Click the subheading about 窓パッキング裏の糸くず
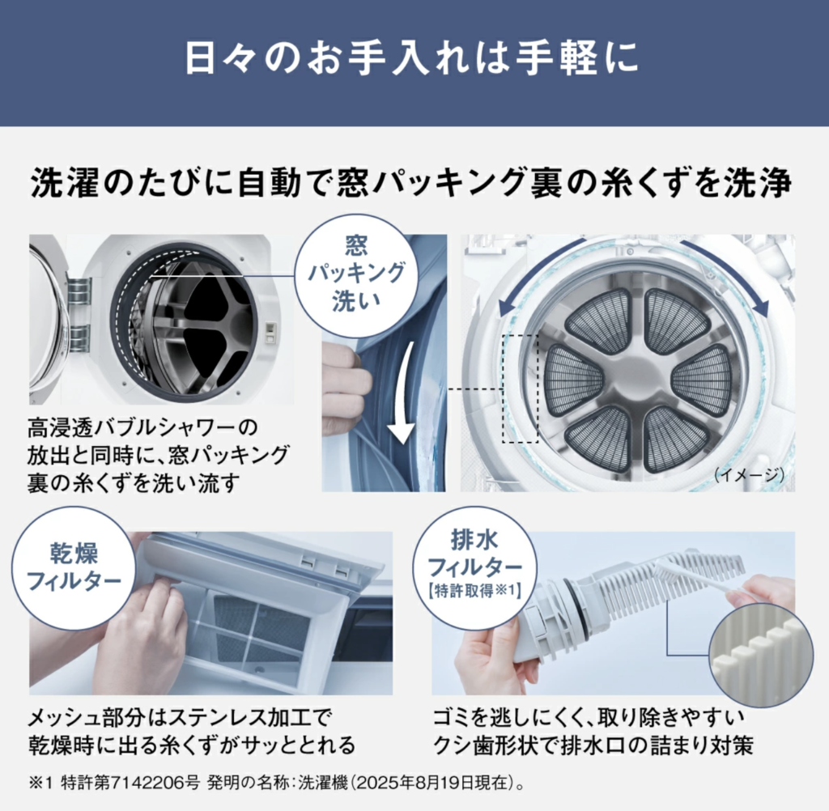point(412,183)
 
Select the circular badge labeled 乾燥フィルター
point(74,568)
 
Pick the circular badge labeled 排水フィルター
point(474,567)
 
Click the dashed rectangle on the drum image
point(521,389)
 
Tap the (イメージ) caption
point(749,475)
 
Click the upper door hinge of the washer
point(79,291)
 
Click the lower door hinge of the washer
point(79,338)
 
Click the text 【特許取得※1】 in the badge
point(474,591)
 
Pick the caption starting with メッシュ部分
point(191,732)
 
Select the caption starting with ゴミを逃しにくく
point(593,732)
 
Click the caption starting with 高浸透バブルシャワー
point(159,455)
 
